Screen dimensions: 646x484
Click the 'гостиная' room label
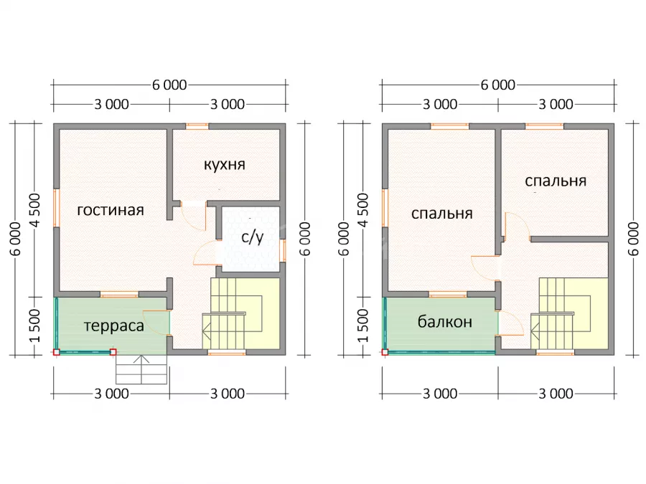pos(111,210)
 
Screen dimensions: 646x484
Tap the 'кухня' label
pos(225,164)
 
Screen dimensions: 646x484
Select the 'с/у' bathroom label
pos(252,237)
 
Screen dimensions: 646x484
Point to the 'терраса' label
pos(114,326)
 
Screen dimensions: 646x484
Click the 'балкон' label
pos(445,321)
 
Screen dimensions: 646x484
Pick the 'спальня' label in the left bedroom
pos(442,214)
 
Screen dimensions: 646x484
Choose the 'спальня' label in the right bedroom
pos(556,181)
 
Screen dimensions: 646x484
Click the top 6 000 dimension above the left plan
pos(169,85)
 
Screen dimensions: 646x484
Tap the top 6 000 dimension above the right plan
pos(497,85)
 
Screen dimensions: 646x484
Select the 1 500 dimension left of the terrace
pos(35,326)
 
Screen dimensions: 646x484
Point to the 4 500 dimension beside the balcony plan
pos(363,210)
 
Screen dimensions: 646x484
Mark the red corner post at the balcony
pos(385,352)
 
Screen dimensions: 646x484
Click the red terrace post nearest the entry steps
pos(113,352)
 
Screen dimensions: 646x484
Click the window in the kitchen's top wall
pos(197,126)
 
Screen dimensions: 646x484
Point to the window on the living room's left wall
pos(57,208)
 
